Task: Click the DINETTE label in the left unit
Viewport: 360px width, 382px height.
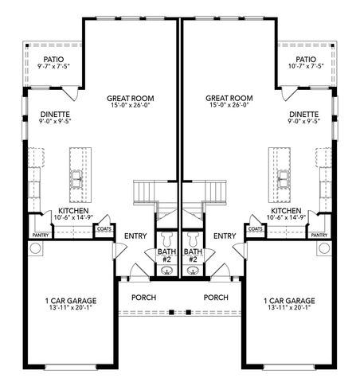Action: pyautogui.click(x=54, y=119)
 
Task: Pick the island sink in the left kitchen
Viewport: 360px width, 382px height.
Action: pyautogui.click(x=77, y=177)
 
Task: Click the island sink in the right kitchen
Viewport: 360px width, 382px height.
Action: pyautogui.click(x=282, y=177)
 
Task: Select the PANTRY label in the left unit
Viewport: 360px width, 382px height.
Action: pyautogui.click(x=41, y=236)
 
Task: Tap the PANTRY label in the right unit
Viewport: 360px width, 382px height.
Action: pyautogui.click(x=319, y=236)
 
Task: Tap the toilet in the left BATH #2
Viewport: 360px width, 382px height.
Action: pyautogui.click(x=166, y=239)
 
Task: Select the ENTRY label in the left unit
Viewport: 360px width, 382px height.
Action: pyautogui.click(x=135, y=236)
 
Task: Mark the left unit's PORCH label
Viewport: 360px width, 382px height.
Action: pyautogui.click(x=144, y=298)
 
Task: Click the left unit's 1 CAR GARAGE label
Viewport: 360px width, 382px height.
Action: pyautogui.click(x=71, y=305)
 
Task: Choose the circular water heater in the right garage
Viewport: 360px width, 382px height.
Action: pyautogui.click(x=323, y=249)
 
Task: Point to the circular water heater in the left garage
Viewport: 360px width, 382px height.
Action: pyautogui.click(x=36, y=249)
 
